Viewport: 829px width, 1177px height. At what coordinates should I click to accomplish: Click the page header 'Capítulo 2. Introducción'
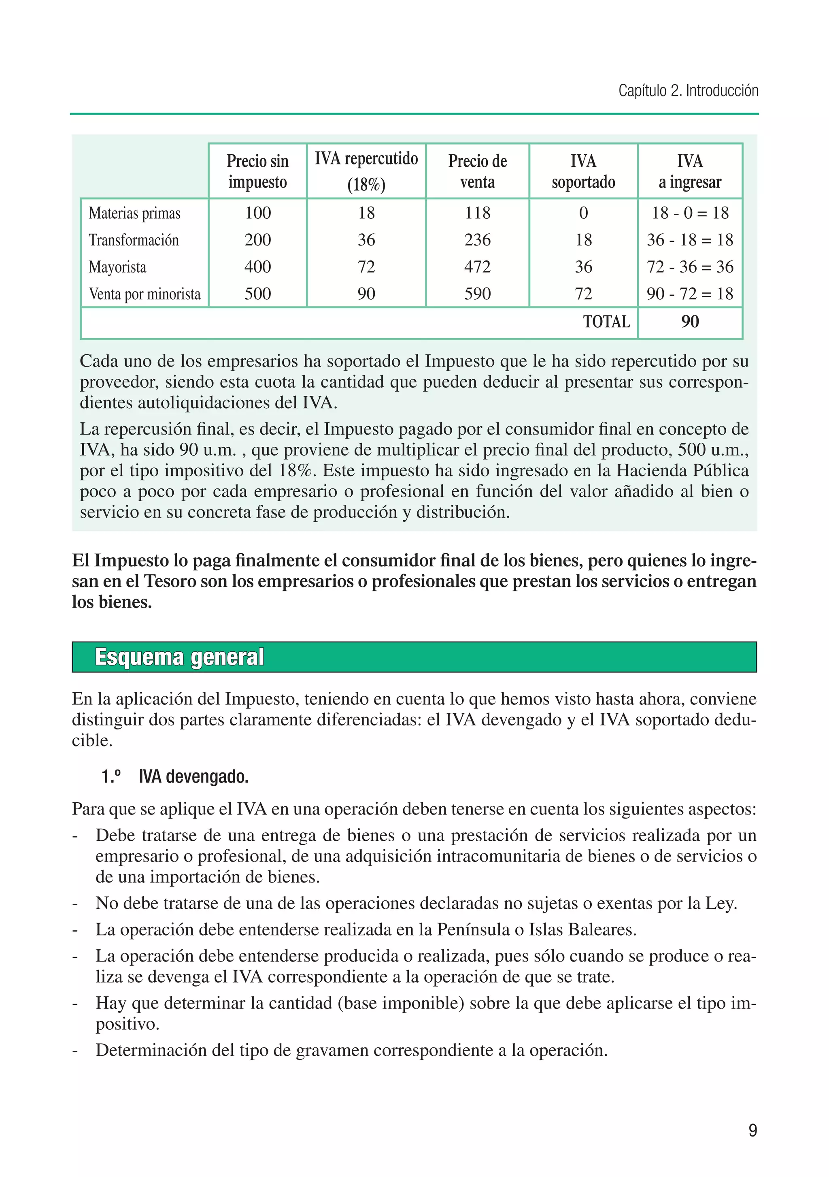click(x=688, y=91)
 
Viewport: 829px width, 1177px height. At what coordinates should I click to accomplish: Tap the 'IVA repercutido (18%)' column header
click(x=366, y=171)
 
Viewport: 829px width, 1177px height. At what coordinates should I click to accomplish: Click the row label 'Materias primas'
click(x=134, y=213)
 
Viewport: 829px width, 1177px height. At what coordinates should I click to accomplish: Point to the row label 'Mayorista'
click(x=117, y=267)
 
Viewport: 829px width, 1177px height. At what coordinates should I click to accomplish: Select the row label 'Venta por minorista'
click(x=145, y=294)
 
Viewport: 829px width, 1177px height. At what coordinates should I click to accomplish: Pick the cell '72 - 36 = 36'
click(x=690, y=267)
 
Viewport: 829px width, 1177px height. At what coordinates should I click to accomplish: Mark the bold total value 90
click(x=690, y=322)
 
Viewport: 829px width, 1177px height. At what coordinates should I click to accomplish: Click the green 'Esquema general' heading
click(x=179, y=657)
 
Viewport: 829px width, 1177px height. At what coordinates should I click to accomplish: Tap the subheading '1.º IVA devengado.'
click(x=175, y=777)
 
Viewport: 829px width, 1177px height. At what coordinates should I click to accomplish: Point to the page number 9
click(x=752, y=1130)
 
